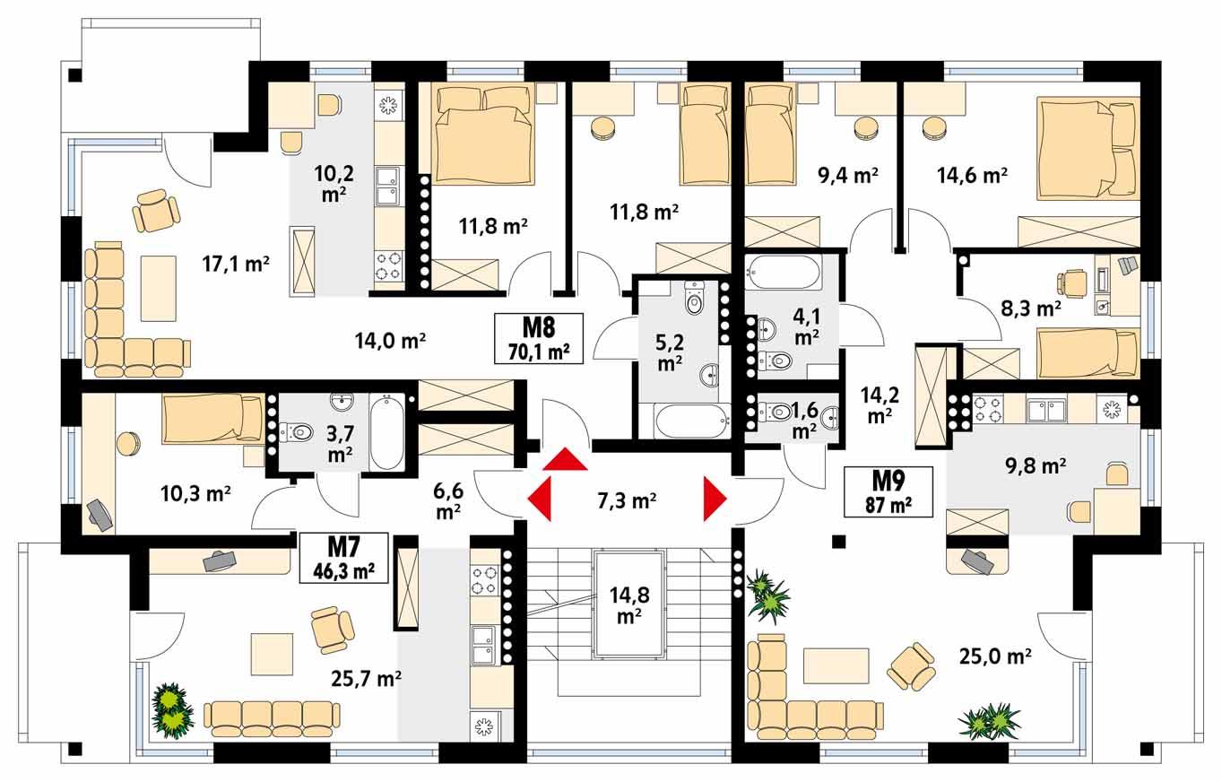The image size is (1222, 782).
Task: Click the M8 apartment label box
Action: [x=539, y=337]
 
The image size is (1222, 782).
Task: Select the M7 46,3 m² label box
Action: [x=343, y=558]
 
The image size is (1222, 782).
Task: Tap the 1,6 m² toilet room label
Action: [x=803, y=420]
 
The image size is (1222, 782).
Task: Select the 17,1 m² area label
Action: [x=237, y=263]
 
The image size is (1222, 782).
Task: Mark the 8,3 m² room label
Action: [x=1030, y=309]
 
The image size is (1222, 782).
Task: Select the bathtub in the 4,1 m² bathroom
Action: [x=784, y=272]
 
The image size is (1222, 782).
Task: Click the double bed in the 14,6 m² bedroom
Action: [x=1086, y=149]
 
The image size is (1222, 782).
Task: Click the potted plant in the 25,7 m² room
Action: [x=172, y=709]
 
